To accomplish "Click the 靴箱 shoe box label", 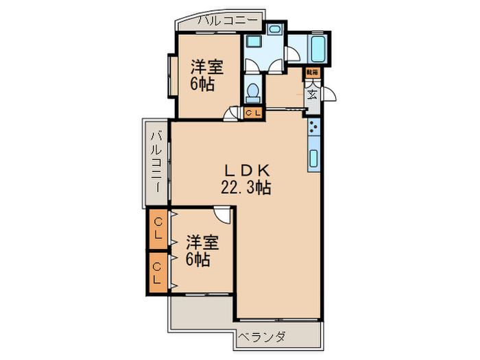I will coord(312,72).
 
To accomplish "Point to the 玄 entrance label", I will coord(312,94).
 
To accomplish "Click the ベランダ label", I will coord(261,337).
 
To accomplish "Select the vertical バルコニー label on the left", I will coord(156,163).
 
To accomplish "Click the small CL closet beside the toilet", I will coord(252,113).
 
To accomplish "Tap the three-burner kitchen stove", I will coord(313,127).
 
